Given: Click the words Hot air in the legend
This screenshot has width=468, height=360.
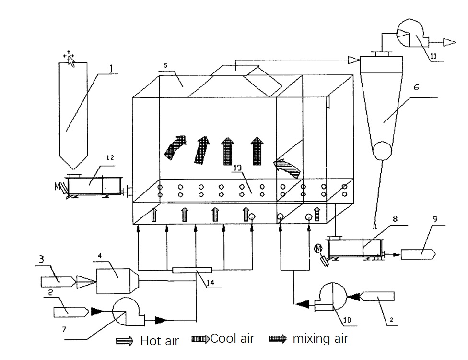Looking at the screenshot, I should click(x=159, y=341).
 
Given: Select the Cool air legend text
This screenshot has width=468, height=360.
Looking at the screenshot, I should click(x=232, y=338).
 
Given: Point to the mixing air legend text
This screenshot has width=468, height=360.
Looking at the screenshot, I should click(x=320, y=338).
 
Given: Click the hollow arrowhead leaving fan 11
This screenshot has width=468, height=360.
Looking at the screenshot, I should click(x=449, y=42).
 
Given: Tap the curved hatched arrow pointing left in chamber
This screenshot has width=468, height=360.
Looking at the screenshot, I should click(x=287, y=169).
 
